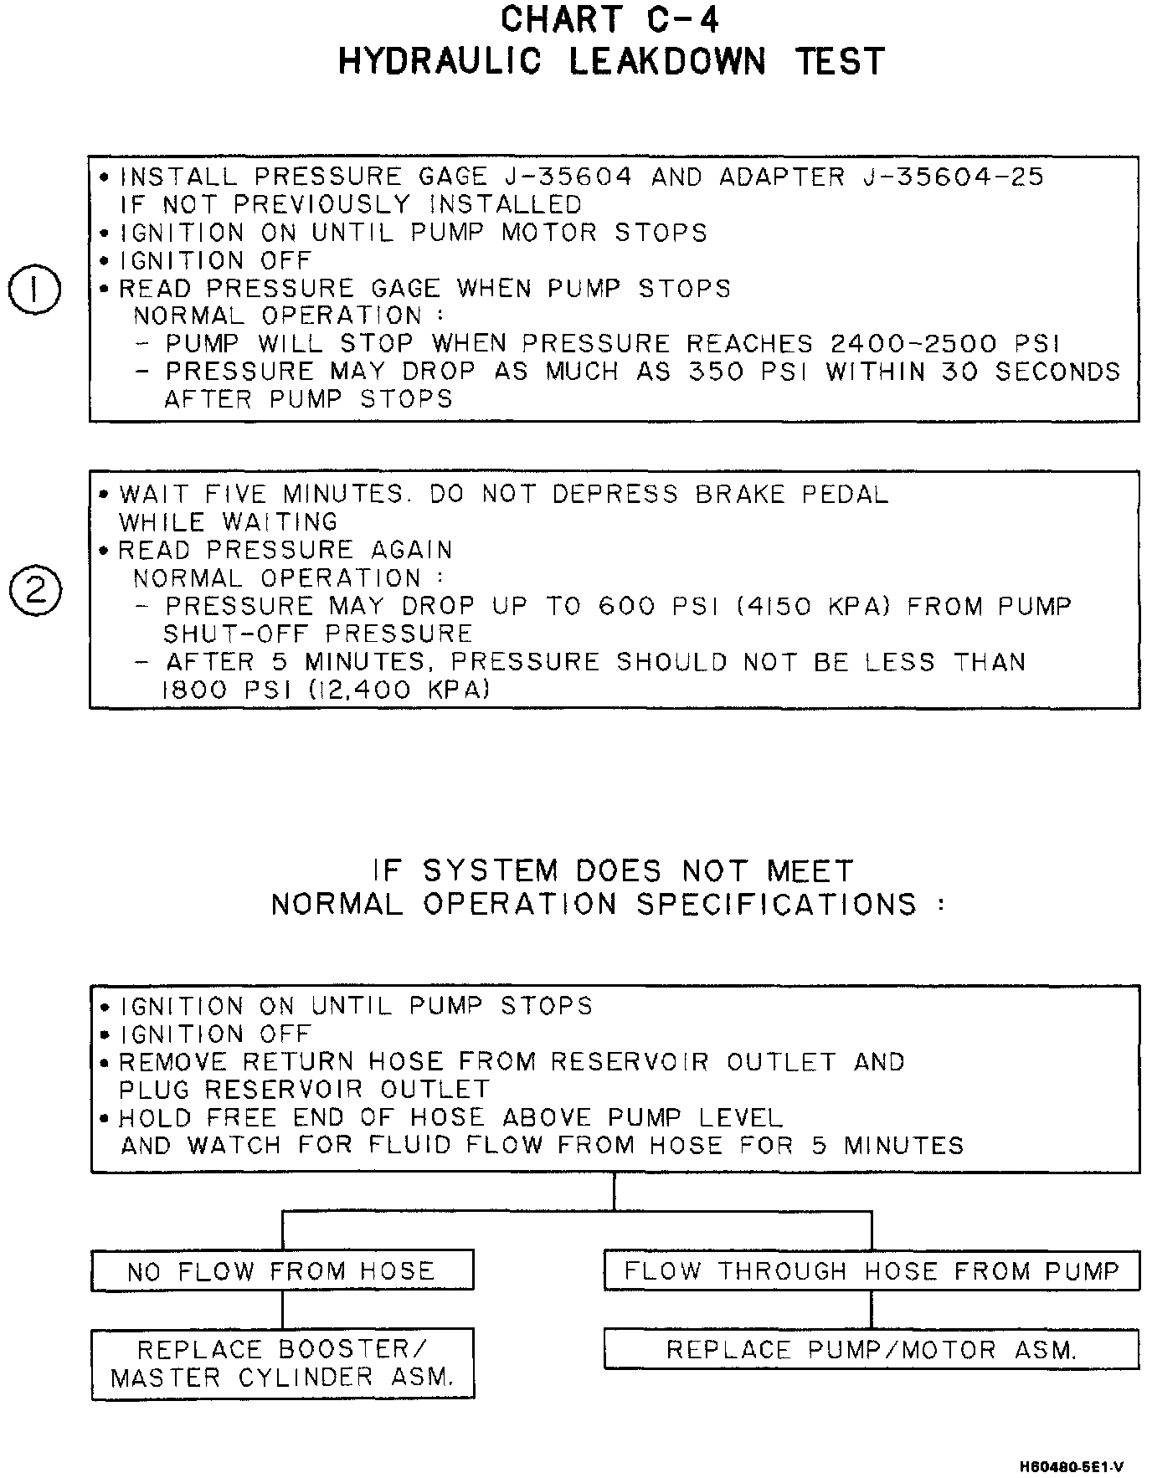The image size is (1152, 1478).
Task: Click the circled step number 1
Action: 33,291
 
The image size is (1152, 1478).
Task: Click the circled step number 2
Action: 34,591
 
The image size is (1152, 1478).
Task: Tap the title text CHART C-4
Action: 610,20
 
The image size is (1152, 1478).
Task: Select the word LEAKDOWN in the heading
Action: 667,62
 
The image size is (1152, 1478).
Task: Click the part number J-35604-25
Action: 953,177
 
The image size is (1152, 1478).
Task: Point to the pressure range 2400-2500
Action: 913,344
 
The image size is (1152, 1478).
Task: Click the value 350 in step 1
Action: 715,372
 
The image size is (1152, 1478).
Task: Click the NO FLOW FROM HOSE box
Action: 282,1271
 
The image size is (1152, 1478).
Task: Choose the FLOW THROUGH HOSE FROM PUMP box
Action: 872,1271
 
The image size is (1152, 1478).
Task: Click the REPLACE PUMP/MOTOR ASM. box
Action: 872,1350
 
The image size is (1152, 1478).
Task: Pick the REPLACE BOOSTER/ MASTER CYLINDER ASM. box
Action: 282,1363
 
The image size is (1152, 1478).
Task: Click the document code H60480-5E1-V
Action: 1071,1467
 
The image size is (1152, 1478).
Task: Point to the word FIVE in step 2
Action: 235,495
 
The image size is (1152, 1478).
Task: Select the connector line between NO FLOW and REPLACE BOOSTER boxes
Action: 282,1309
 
